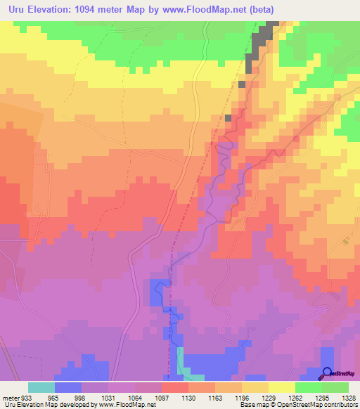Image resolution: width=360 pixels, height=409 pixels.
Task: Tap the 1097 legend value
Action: [x=161, y=397]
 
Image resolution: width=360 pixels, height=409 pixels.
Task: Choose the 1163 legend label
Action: [x=214, y=397]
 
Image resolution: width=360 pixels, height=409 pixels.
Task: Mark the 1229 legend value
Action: [x=268, y=397]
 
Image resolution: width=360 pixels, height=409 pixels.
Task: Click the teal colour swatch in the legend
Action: [x=41, y=387]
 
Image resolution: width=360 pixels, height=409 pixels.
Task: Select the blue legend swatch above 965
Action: [x=67, y=387]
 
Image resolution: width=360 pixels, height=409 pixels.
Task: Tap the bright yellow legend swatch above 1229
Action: [x=281, y=387]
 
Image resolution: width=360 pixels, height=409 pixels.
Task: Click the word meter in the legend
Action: [x=10, y=397]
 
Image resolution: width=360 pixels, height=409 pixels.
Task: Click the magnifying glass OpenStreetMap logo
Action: [x=328, y=373]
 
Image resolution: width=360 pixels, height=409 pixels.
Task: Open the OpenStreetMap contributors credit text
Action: [x=311, y=405]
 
